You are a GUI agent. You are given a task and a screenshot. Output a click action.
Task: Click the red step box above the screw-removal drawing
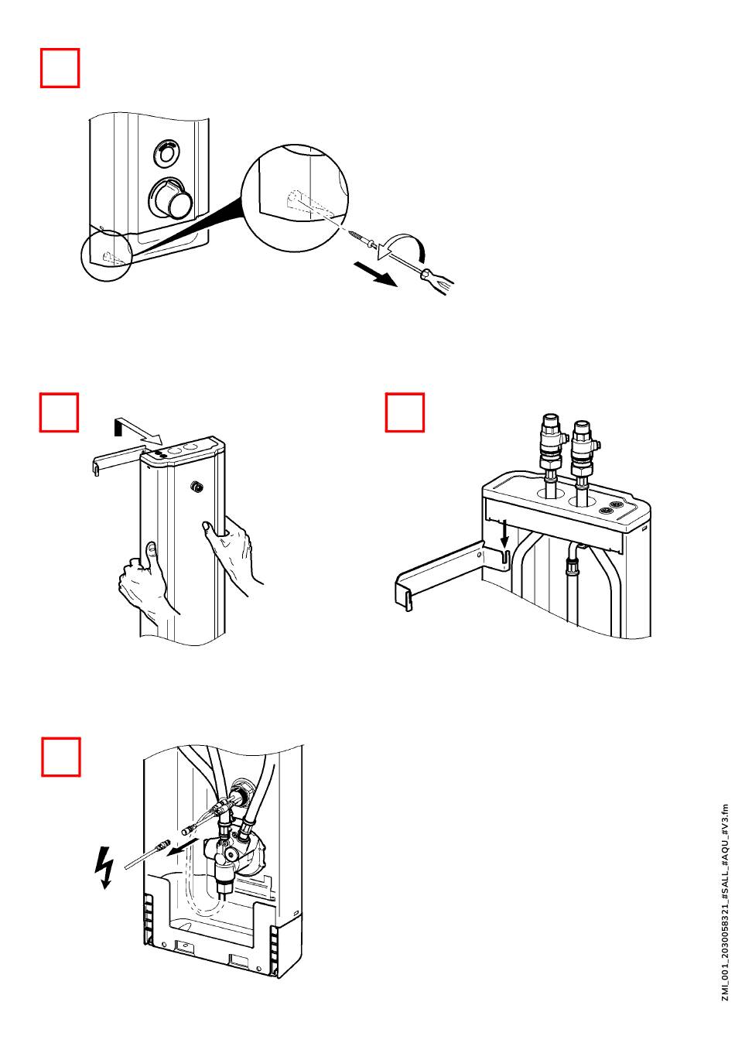point(60,68)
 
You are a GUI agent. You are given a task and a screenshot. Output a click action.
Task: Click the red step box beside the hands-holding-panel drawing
point(60,412)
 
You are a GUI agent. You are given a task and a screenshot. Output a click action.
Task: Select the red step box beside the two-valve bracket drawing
point(405,412)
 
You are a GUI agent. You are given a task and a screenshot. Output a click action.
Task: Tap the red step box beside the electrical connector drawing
point(60,757)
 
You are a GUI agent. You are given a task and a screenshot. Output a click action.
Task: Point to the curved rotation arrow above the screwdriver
point(409,246)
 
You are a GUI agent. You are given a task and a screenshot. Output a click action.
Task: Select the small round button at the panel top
point(166,153)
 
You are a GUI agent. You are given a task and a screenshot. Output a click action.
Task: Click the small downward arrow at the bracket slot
point(504,532)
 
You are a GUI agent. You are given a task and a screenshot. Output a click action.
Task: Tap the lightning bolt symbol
point(103,866)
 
